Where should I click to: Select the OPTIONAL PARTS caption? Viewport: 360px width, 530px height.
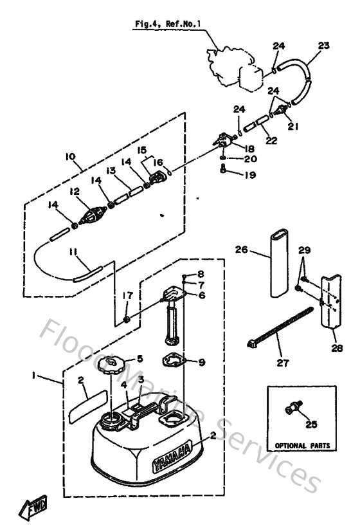[x=301, y=444]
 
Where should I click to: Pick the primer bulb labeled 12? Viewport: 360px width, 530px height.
[x=92, y=214]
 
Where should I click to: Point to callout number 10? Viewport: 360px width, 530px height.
[x=69, y=156]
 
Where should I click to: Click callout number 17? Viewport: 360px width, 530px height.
[x=127, y=295]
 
